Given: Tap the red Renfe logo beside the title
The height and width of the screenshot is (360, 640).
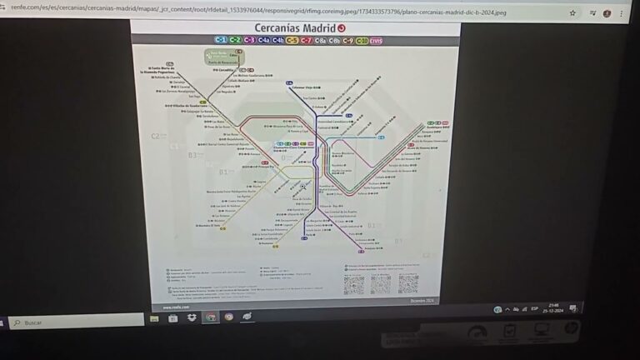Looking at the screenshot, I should click(341, 28).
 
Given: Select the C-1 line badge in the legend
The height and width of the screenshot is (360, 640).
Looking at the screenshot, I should click(221, 40).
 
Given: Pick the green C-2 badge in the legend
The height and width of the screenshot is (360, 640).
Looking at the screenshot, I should click(235, 40).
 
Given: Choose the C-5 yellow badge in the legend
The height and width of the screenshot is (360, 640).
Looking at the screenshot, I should click(292, 40).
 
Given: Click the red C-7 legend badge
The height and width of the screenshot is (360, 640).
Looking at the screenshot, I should click(306, 40).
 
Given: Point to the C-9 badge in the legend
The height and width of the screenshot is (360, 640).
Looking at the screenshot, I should click(347, 40).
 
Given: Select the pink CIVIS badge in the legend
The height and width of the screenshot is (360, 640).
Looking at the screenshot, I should click(376, 40).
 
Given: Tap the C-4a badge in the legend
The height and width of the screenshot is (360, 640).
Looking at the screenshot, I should click(263, 40).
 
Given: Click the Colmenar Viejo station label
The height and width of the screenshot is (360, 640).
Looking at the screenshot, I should click(305, 85).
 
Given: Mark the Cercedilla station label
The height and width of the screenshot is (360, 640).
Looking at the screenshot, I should click(217, 71).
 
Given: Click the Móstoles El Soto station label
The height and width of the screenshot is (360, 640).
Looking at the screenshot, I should click(210, 225).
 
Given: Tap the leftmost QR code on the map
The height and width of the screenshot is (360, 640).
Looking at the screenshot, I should click(354, 284).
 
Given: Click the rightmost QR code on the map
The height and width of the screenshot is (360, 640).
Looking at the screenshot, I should click(407, 284).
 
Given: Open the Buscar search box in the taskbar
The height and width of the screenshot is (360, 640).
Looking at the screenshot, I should click(75, 322).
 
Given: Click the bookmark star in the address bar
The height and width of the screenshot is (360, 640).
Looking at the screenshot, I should click(572, 13).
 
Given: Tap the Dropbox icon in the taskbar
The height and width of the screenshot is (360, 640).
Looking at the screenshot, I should click(192, 317).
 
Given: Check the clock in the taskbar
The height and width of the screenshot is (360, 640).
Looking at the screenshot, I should click(552, 308).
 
